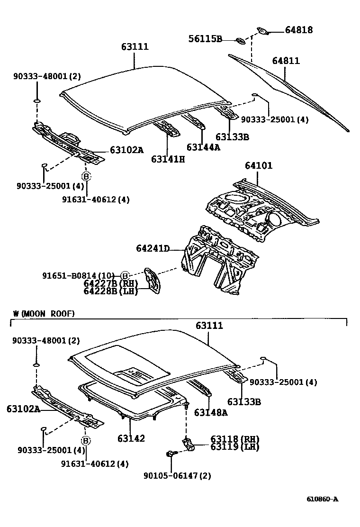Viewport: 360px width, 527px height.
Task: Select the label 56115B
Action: point(205,39)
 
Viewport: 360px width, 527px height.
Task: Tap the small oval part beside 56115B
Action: point(241,40)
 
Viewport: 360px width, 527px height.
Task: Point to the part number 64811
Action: point(286,61)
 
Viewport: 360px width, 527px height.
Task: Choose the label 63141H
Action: point(168,159)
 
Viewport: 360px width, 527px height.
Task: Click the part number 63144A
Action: point(203,147)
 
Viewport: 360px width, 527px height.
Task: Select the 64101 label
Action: point(259,166)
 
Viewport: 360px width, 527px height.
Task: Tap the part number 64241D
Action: point(153,248)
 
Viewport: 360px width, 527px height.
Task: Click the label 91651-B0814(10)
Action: point(78,276)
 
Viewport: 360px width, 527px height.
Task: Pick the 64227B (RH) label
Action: point(110,283)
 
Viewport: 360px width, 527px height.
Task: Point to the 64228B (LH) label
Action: point(110,291)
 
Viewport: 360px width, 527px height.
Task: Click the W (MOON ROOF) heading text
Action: point(44,314)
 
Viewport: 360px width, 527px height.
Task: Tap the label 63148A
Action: point(210,412)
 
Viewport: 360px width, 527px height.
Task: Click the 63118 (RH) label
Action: point(228,439)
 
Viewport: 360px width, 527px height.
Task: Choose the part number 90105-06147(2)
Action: point(178,475)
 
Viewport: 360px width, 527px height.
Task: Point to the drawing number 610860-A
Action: point(322,499)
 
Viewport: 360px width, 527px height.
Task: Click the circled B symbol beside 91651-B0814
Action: point(125,276)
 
